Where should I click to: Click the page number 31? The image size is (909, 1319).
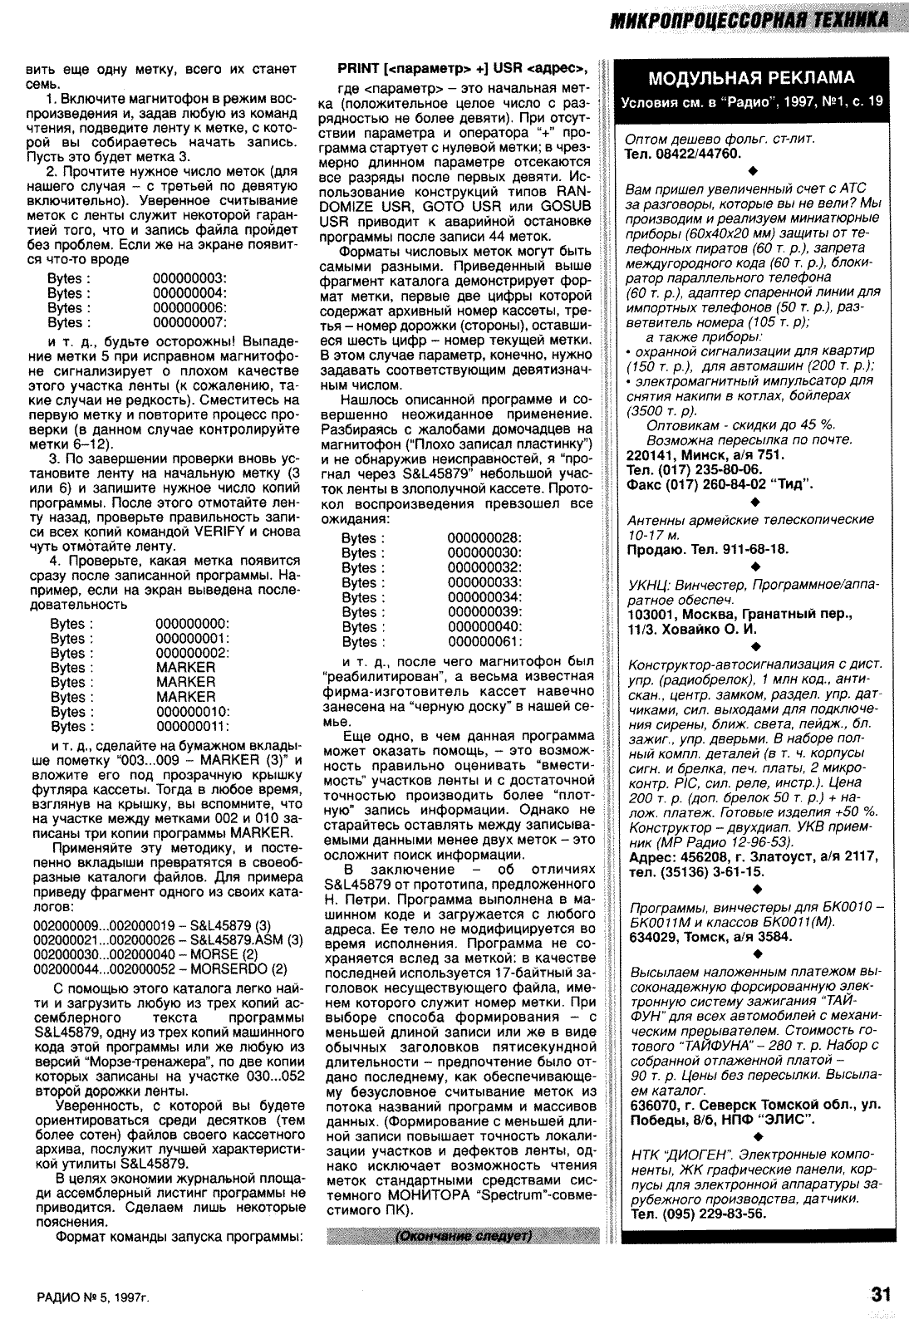click(880, 1292)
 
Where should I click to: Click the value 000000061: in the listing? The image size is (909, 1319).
click(484, 642)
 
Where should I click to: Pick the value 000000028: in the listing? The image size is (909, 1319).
click(484, 537)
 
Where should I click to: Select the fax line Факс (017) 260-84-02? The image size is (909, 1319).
click(720, 483)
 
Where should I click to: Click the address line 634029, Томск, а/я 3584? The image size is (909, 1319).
click(711, 937)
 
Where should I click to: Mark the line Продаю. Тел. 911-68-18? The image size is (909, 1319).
click(707, 549)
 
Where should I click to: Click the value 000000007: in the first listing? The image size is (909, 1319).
click(191, 322)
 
